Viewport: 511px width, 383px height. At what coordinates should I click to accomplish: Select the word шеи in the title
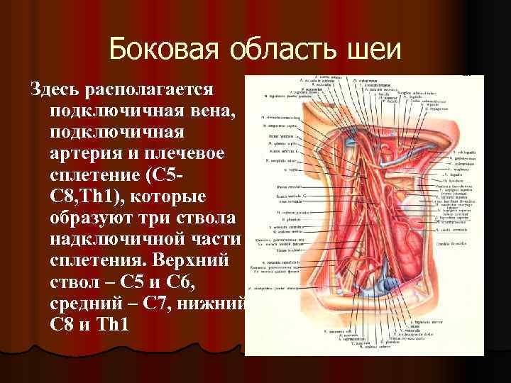374,50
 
